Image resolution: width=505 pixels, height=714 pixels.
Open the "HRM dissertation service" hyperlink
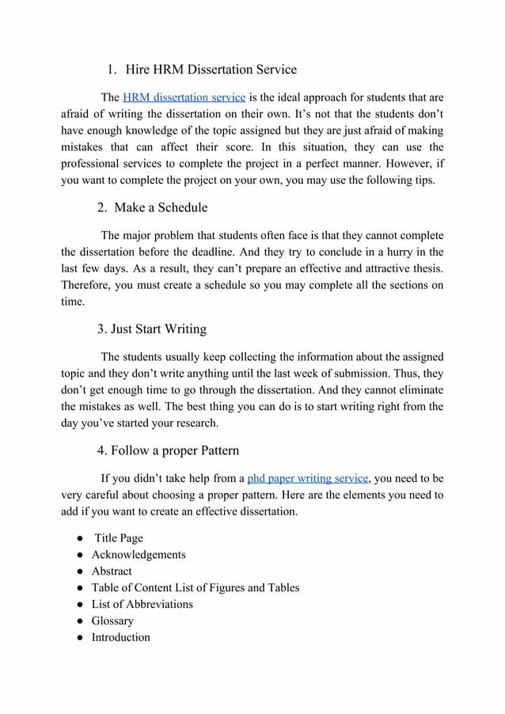click(x=184, y=97)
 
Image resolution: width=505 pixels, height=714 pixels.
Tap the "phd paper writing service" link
click(x=308, y=478)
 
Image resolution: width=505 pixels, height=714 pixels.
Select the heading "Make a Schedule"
click(x=161, y=207)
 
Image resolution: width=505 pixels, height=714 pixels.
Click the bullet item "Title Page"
click(x=119, y=538)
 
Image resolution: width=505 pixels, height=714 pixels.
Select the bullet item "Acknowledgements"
click(x=139, y=555)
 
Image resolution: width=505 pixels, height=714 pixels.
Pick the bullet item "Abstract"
click(x=112, y=572)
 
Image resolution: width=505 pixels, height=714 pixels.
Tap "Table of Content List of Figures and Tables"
click(x=196, y=588)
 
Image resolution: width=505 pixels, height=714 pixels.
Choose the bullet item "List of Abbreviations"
click(x=142, y=605)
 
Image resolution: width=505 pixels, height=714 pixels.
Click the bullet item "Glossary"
click(x=112, y=621)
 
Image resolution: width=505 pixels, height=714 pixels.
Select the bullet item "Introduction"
click(x=120, y=638)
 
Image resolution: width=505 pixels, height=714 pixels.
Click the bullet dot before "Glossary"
click(x=81, y=621)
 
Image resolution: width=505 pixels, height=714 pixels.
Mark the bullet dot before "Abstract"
click(x=81, y=572)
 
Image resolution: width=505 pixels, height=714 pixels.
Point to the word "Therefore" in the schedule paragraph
click(x=85, y=285)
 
